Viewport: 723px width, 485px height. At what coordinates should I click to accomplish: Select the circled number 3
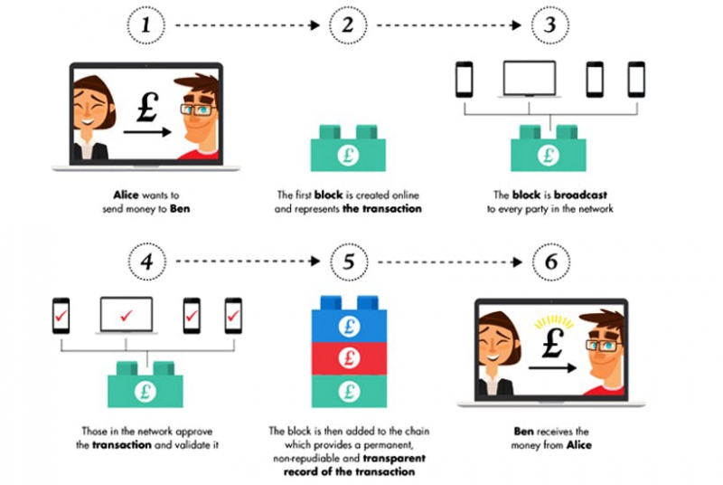tap(548, 26)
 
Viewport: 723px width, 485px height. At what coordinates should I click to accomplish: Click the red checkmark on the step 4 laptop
tap(127, 315)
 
